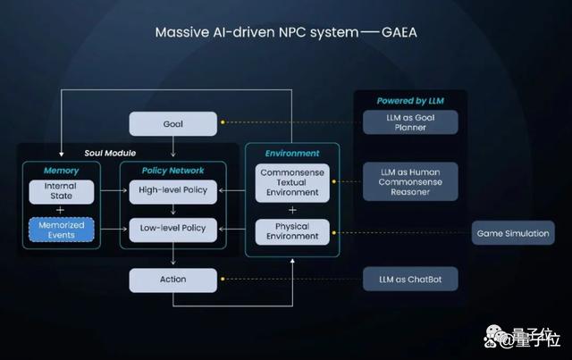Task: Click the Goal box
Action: [x=172, y=124]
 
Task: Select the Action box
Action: [x=172, y=280]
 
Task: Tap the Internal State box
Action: [x=62, y=191]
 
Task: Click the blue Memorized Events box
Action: [x=62, y=230]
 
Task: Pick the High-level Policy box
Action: [x=172, y=191]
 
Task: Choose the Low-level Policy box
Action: [x=172, y=230]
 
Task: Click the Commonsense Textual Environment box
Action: [x=292, y=183]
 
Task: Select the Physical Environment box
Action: [x=292, y=231]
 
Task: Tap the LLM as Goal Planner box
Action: [x=410, y=122]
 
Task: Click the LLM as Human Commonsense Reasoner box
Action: [x=410, y=181]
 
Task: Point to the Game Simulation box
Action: [x=513, y=233]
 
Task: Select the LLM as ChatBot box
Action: [x=410, y=279]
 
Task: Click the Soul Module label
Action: [x=110, y=153]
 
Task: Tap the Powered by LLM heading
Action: [x=410, y=101]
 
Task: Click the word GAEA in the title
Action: [x=400, y=32]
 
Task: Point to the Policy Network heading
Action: [x=172, y=171]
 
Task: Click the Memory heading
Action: [x=62, y=171]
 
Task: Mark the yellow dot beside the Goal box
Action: [x=223, y=122]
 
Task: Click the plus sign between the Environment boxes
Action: [x=292, y=210]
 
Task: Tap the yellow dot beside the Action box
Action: [x=223, y=279]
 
